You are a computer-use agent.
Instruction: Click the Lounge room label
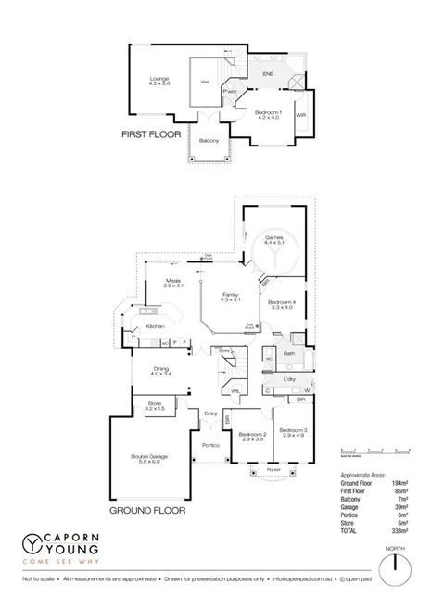coord(159,80)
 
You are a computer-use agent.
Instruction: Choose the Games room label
coord(273,237)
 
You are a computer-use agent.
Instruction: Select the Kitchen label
coord(154,327)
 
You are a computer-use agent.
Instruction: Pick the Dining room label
coord(162,370)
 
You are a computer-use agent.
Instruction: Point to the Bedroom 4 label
coord(280,302)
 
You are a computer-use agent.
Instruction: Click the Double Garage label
coord(149,457)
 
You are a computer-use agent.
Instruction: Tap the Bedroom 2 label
coord(251,435)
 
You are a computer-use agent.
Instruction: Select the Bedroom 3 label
coord(292,431)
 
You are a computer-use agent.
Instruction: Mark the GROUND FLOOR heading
coord(148,510)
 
